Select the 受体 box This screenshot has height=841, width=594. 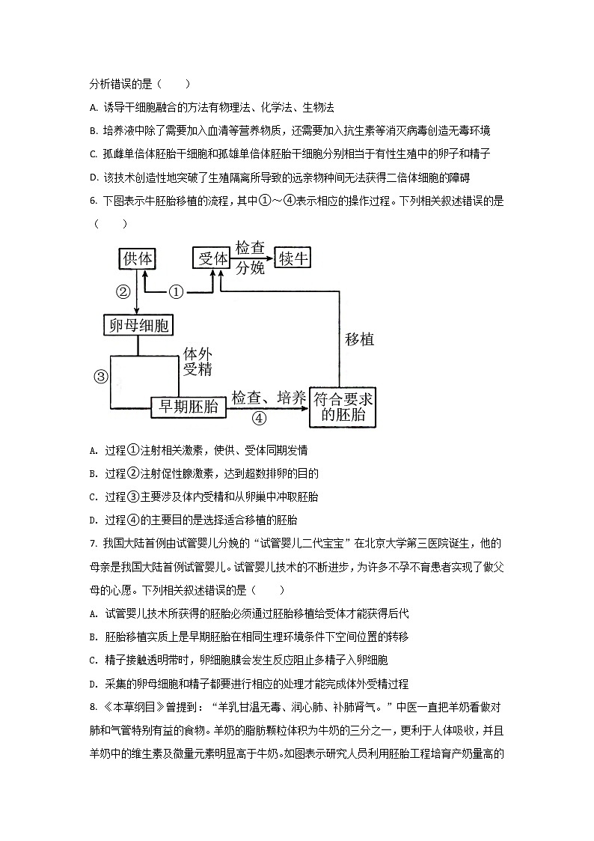(x=212, y=258)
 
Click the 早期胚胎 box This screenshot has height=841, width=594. (x=186, y=406)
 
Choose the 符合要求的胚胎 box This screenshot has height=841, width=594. (x=342, y=407)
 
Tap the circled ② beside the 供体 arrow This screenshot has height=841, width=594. (x=123, y=291)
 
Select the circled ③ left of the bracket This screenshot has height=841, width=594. (x=102, y=377)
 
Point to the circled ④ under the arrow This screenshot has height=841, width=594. (x=259, y=418)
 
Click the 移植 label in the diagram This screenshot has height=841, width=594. (x=359, y=338)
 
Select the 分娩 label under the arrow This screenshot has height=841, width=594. (x=251, y=268)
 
